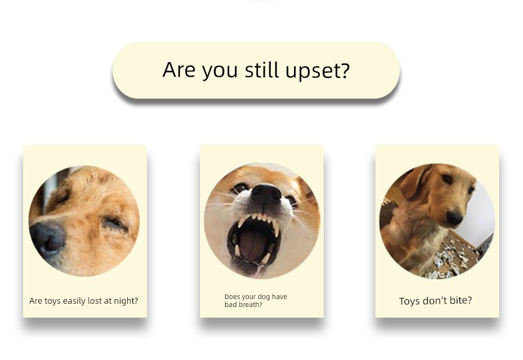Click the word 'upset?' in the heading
tap(318, 71)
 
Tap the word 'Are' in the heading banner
tap(179, 69)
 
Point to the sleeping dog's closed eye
tap(115, 224)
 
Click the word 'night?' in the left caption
tap(126, 301)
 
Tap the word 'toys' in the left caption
tap(52, 300)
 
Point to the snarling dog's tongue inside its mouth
tap(253, 245)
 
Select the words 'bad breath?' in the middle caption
tap(243, 304)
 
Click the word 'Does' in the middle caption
tap(232, 296)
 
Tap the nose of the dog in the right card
tap(453, 218)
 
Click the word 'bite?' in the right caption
tap(460, 300)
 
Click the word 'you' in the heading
tap(220, 71)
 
